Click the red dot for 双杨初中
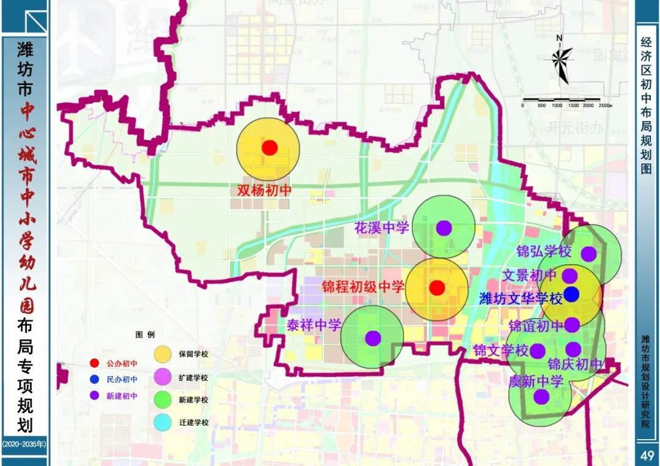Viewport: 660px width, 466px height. pos(269,147)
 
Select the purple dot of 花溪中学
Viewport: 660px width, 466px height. pos(444,228)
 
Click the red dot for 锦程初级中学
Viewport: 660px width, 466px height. pos(436,287)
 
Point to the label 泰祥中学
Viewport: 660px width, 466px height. pos(313,325)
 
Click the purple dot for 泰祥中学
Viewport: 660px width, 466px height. pos(373,338)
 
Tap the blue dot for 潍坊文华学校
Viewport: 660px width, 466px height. pos(571,294)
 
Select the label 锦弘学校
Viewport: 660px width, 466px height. pos(543,251)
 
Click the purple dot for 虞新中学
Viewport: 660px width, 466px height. pos(541,397)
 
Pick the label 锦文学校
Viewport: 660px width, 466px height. pos(501,350)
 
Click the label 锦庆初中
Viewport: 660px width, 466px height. pos(575,365)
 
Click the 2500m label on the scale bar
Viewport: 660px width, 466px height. pos(605,105)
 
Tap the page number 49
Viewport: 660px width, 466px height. pos(647,455)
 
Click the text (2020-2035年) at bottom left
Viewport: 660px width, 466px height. pos(24,443)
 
